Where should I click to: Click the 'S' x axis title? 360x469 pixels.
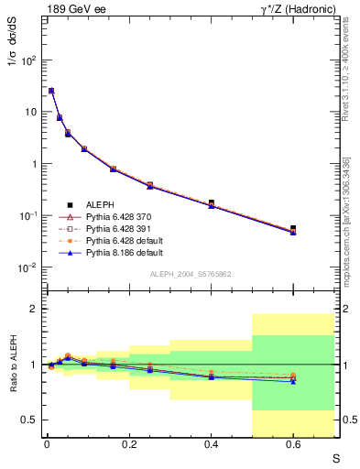(336, 458)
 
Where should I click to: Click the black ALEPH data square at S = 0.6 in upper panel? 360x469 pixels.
(293, 228)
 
